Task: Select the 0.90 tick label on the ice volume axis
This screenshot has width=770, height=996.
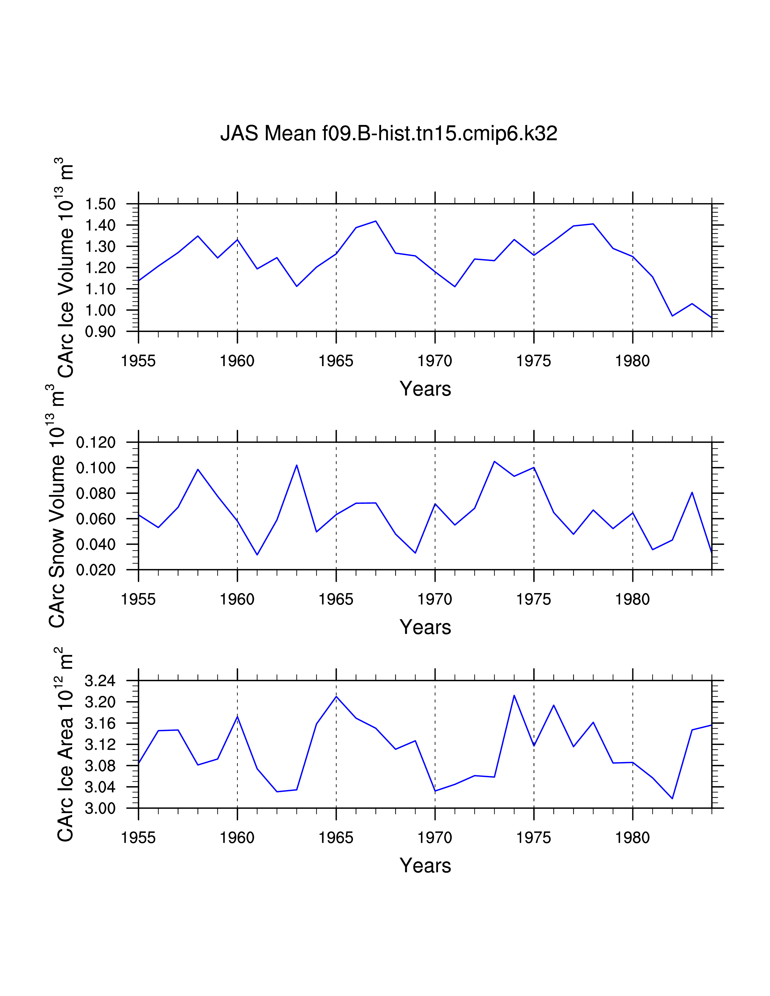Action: (100, 331)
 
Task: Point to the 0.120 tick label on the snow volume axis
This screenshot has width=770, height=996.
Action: (96, 442)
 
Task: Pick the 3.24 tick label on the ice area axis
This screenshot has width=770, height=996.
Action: (100, 681)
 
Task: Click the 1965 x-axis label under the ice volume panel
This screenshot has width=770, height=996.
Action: (336, 361)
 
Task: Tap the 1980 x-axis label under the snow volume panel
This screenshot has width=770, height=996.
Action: (632, 599)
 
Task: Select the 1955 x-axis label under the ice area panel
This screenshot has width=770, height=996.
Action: (138, 838)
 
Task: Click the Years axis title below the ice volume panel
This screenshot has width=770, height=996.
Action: (425, 389)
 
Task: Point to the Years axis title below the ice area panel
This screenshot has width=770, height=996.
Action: (425, 866)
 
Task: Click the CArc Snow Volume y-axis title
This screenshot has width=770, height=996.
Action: (57, 506)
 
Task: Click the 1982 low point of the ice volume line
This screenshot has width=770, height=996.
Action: (672, 316)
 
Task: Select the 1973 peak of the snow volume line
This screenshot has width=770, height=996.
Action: (494, 461)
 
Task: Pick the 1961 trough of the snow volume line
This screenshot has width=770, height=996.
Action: (257, 554)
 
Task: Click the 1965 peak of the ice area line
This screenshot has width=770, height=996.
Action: (336, 696)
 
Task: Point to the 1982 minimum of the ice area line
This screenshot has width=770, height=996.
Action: (672, 798)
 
